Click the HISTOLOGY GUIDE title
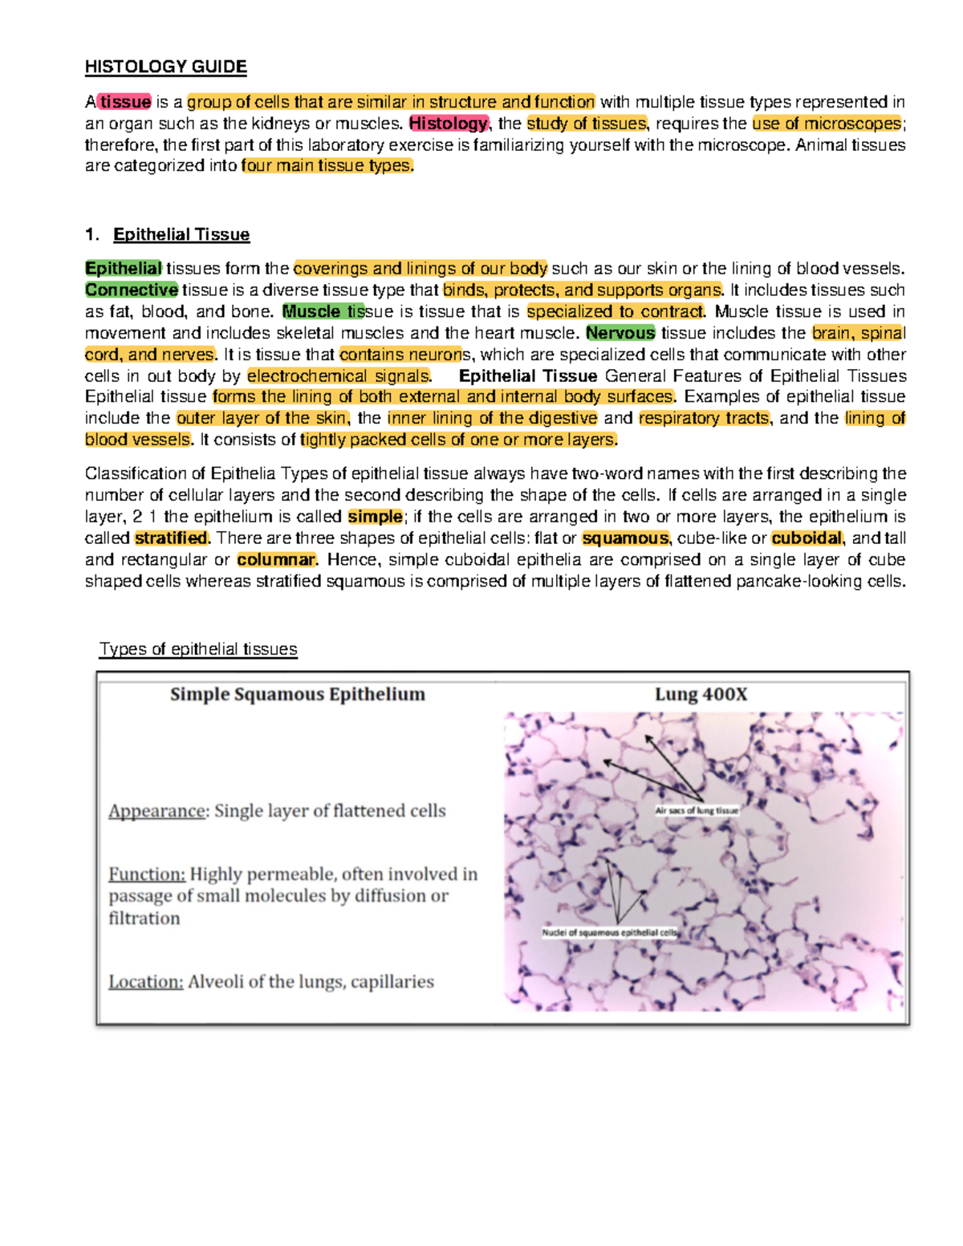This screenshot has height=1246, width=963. click(x=165, y=67)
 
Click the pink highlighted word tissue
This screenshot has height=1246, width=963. click(x=125, y=102)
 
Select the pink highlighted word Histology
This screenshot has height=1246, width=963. click(x=448, y=124)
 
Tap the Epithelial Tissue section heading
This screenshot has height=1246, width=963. click(x=181, y=234)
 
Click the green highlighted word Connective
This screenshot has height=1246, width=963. click(x=132, y=290)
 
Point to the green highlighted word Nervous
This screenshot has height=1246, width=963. click(x=620, y=333)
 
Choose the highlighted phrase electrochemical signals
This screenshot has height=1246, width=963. click(x=338, y=376)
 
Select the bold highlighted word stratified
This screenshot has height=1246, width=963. click(x=171, y=538)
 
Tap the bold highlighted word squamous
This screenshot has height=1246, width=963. click(x=625, y=538)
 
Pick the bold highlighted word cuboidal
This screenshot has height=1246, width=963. click(x=807, y=538)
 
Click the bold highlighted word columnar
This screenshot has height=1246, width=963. click(x=276, y=560)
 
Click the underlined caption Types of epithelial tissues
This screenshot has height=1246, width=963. click(x=198, y=649)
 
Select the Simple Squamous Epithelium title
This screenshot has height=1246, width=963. click(x=298, y=695)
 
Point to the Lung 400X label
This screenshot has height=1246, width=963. click(x=701, y=695)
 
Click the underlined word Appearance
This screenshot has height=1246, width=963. click(x=156, y=811)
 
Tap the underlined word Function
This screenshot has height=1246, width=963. click(x=147, y=875)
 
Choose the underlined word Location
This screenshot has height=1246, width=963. click(x=146, y=982)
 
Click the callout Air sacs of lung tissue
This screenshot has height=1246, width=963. click(x=697, y=810)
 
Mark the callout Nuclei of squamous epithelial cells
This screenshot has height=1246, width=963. click(x=610, y=933)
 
